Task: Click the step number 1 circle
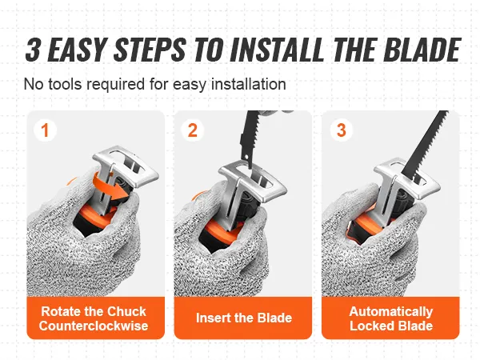45,130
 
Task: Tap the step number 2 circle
192,130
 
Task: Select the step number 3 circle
341,130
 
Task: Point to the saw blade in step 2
249,138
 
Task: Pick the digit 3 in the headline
33,49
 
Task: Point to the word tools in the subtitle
66,84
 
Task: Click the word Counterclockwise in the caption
94,326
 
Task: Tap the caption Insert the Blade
244,318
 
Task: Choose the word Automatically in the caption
391,312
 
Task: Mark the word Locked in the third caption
370,326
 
